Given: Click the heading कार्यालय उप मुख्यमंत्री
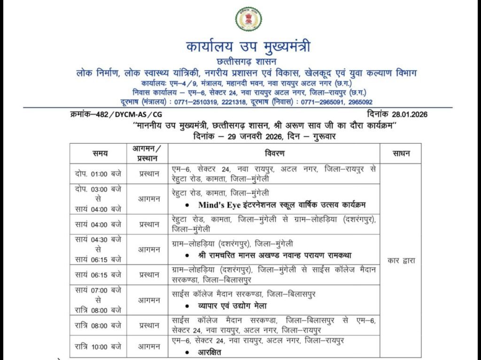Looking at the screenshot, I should (248, 47).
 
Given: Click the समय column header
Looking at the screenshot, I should (100, 153).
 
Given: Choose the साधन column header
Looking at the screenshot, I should (401, 153).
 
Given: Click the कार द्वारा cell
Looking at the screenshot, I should (401, 259).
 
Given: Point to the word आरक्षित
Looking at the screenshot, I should (209, 352).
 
